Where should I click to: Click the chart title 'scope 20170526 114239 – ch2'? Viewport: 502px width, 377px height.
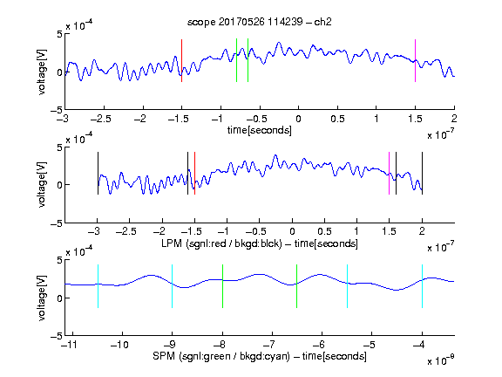coord(260,22)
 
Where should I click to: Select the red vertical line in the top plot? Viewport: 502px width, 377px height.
coord(181,60)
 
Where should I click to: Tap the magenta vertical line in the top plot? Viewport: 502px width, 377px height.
coord(415,60)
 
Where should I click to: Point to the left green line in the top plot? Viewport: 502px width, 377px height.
coord(236,60)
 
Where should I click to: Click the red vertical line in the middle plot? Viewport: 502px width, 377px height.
coord(194,173)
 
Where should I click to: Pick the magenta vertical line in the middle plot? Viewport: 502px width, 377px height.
coord(389,173)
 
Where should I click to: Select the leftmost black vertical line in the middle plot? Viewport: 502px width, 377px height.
coord(98,173)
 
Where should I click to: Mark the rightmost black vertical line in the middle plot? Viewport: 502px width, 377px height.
coord(422,173)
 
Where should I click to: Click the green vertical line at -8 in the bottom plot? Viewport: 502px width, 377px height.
coord(222,286)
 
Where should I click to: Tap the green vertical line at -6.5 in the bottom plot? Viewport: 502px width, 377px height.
coord(297,286)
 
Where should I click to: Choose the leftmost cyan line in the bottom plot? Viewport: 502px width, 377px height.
coord(98,286)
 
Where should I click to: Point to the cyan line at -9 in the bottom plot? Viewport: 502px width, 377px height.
coord(173,286)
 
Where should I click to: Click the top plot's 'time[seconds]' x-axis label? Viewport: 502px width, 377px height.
coord(260,130)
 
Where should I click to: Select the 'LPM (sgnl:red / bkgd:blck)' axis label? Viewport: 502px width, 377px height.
coord(221,243)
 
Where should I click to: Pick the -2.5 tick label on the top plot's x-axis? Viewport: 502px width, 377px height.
coord(101,119)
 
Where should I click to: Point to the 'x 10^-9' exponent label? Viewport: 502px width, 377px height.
coord(440,360)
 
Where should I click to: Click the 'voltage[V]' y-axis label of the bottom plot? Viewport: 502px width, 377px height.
coord(42,298)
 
